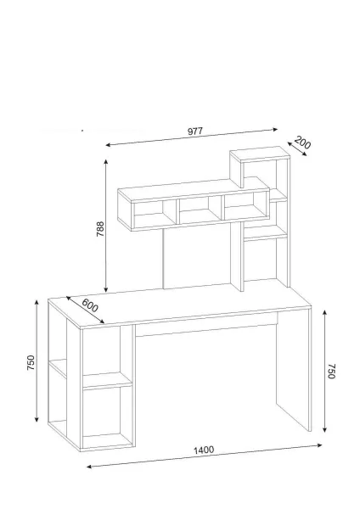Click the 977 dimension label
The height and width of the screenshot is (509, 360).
point(195,131)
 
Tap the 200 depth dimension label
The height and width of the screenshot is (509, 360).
point(302,143)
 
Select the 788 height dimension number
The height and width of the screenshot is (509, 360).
point(100,229)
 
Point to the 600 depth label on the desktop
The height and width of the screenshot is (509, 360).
point(89,305)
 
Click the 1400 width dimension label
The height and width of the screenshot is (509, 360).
point(204,450)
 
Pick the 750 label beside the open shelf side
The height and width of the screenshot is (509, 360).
point(31,362)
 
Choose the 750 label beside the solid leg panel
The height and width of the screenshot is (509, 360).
point(331,372)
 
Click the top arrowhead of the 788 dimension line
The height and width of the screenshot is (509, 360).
point(105,161)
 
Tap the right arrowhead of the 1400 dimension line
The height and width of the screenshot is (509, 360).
point(319,445)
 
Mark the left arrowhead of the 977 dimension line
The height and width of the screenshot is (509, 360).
point(108,145)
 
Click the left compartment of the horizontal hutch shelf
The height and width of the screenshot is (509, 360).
point(155,215)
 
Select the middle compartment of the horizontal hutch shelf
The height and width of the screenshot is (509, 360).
point(200,210)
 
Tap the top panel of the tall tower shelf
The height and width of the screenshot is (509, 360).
point(260,154)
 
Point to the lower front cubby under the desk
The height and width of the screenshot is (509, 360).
point(107,417)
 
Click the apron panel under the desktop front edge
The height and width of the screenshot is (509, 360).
point(206,325)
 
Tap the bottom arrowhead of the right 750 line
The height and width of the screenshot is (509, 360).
point(324,430)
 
